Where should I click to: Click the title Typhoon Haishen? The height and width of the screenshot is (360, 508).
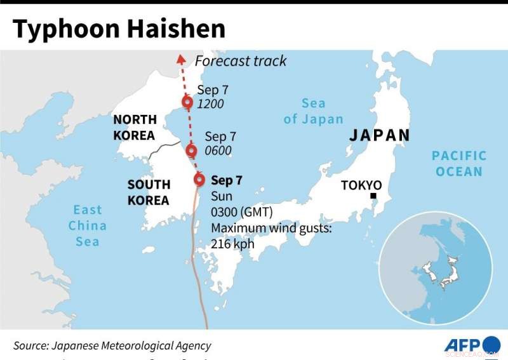click(x=119, y=29)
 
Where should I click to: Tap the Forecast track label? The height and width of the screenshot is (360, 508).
click(x=241, y=61)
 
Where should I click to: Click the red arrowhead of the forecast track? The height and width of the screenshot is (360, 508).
click(x=180, y=59)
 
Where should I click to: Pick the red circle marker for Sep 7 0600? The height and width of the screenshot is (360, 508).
click(x=191, y=150)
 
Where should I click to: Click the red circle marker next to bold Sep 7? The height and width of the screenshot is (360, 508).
click(x=200, y=180)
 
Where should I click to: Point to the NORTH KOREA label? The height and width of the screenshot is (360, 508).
click(x=134, y=127)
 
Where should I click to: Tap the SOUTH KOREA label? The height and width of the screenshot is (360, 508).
click(x=149, y=192)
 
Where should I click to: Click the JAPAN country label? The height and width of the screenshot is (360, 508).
click(x=380, y=135)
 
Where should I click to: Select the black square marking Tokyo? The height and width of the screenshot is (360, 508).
click(x=375, y=196)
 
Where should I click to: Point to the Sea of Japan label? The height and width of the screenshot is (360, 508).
click(x=313, y=111)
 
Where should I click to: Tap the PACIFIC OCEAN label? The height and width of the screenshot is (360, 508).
click(x=458, y=163)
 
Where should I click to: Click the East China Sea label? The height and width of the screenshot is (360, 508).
click(x=88, y=225)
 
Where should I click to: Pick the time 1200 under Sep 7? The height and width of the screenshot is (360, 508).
click(x=210, y=104)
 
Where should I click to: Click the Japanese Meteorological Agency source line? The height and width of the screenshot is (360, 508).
click(x=112, y=345)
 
